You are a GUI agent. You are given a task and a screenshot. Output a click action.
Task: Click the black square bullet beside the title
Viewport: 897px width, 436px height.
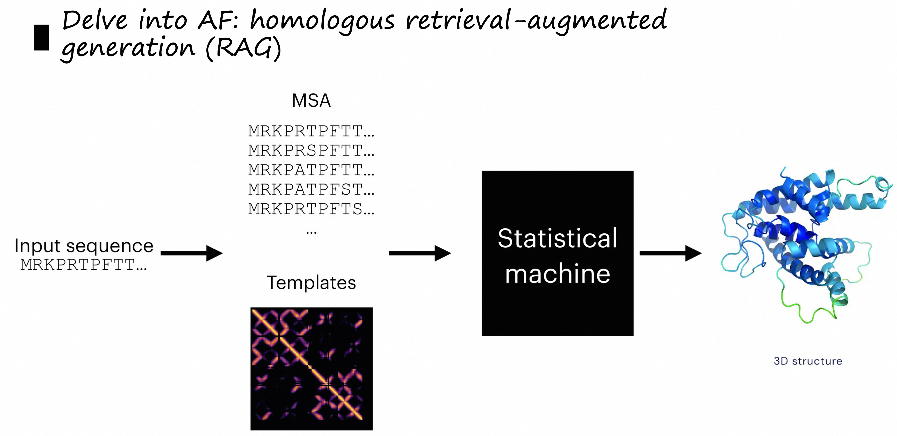(x=41, y=38)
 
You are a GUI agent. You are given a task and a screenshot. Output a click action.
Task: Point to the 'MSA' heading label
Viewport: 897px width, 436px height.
(x=311, y=101)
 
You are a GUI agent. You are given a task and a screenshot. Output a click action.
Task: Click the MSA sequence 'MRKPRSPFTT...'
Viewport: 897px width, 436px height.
(x=311, y=151)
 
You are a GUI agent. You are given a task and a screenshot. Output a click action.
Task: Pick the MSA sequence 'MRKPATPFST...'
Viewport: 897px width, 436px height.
(x=311, y=189)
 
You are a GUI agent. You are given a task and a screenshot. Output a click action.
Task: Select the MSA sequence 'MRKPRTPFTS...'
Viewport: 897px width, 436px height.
(x=311, y=209)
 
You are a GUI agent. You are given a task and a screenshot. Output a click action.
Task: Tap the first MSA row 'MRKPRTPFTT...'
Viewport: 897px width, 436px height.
(x=311, y=131)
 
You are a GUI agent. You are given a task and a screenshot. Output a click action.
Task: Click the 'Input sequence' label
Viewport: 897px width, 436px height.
(x=84, y=246)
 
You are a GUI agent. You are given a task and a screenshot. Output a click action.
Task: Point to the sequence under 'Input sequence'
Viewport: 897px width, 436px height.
(x=84, y=265)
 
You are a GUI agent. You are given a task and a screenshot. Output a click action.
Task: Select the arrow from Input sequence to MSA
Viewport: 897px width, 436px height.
(x=192, y=253)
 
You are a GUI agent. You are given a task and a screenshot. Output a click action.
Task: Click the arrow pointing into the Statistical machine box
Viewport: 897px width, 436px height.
(x=419, y=253)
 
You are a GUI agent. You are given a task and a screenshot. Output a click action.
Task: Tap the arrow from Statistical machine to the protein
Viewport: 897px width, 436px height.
(x=670, y=253)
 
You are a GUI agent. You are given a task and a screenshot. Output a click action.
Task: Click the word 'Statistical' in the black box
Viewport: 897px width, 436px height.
(x=558, y=239)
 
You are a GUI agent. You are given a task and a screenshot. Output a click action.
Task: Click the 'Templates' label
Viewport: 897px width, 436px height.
(x=311, y=283)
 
